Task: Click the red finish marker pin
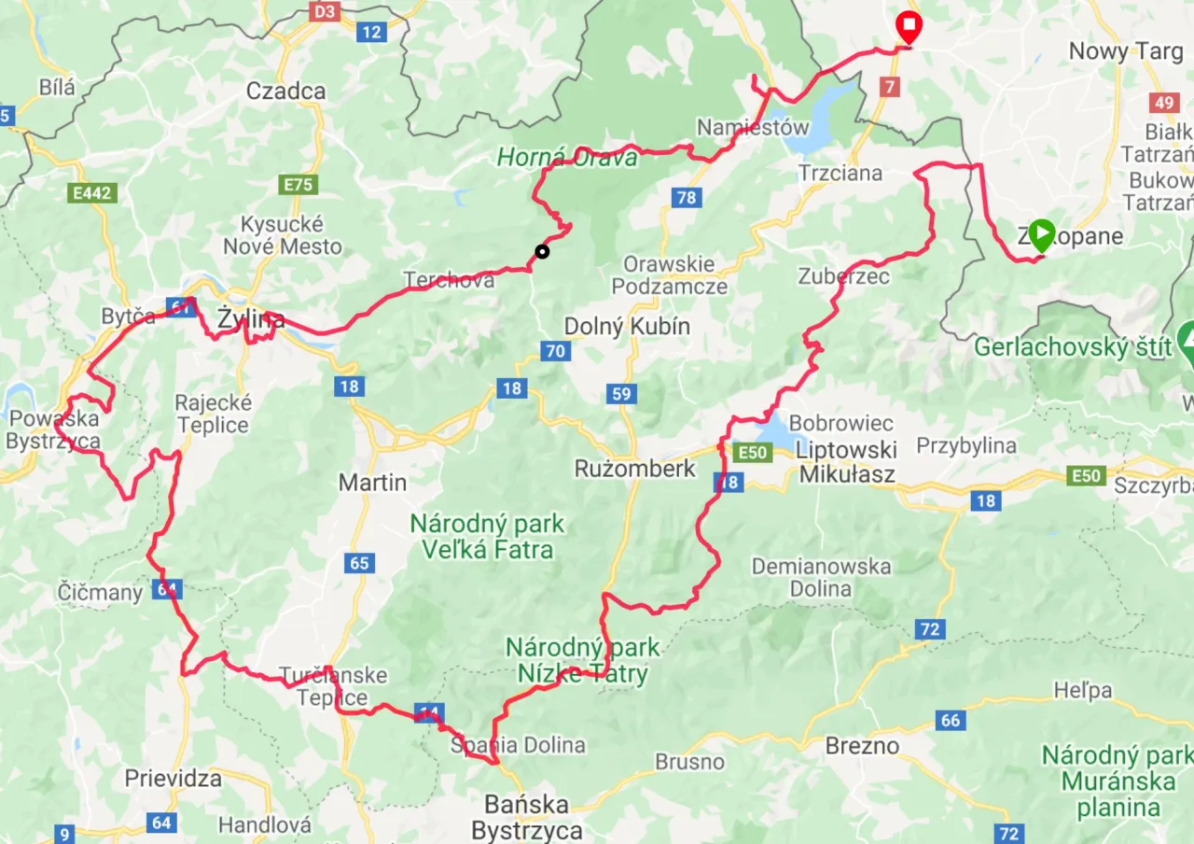pyautogui.click(x=908, y=26)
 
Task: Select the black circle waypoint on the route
pyautogui.click(x=542, y=250)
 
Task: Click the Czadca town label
pyautogui.click(x=285, y=91)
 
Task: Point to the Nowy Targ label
pyautogui.click(x=1125, y=51)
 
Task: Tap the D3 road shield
pyautogui.click(x=324, y=12)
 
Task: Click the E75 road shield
pyautogui.click(x=298, y=185)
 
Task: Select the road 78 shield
pyautogui.click(x=687, y=197)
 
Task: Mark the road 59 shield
pyautogui.click(x=622, y=393)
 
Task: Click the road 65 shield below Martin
pyautogui.click(x=359, y=562)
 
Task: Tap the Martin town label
pyautogui.click(x=372, y=483)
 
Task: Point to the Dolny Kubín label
pyautogui.click(x=627, y=327)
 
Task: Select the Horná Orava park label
pyautogui.click(x=567, y=158)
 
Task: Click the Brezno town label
pyautogui.click(x=862, y=746)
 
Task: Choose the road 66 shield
pyautogui.click(x=951, y=720)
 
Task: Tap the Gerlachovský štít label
pyautogui.click(x=1073, y=347)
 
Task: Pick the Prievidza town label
pyautogui.click(x=174, y=778)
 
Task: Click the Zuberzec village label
pyautogui.click(x=843, y=276)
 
